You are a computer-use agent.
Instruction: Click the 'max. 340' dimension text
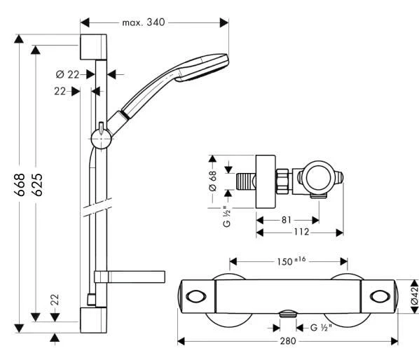pyautogui.click(x=143, y=22)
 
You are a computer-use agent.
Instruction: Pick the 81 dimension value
pyautogui.click(x=285, y=219)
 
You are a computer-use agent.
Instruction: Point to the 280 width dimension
pyautogui.click(x=288, y=341)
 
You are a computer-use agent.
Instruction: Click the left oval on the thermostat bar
pyautogui.click(x=198, y=296)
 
